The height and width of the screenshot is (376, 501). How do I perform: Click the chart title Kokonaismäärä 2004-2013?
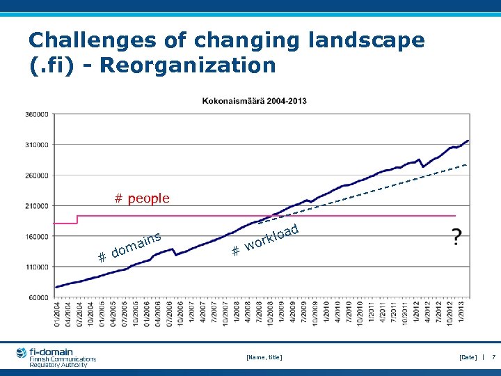tap(254, 101)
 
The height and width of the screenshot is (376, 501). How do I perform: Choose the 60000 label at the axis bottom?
tap(37, 297)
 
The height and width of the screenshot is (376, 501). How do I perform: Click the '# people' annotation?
tap(142, 198)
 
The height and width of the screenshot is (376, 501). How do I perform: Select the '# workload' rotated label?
tap(265, 239)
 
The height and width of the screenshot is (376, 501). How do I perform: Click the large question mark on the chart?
tap(456, 237)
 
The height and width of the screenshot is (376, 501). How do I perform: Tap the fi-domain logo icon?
tap(21, 354)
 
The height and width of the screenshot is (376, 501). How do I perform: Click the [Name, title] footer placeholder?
tap(264, 357)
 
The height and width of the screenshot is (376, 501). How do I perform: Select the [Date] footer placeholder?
tap(468, 357)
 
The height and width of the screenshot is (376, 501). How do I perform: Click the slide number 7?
tap(493, 357)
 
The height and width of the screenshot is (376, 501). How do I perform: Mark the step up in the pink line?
tap(77, 219)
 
